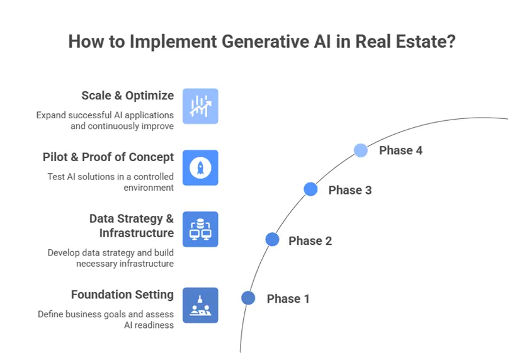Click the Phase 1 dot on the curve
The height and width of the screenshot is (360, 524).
pyautogui.click(x=248, y=298)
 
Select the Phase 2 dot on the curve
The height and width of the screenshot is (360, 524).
pyautogui.click(x=272, y=239)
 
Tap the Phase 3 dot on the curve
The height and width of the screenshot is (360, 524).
pyautogui.click(x=310, y=189)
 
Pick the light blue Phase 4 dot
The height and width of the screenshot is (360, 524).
pyautogui.click(x=361, y=150)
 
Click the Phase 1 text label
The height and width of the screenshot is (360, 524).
pyautogui.click(x=288, y=299)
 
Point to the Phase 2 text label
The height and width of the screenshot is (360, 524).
pyautogui.click(x=310, y=241)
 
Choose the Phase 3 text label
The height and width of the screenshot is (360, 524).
pyautogui.click(x=350, y=190)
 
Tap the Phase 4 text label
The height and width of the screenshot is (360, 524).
pyautogui.click(x=400, y=151)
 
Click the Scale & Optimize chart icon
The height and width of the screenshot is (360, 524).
pyautogui.click(x=200, y=106)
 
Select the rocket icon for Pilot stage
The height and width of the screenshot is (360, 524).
pyautogui.click(x=200, y=168)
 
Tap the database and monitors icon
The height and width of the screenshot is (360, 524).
pyautogui.click(x=200, y=229)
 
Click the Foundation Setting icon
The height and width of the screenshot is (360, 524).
pyautogui.click(x=200, y=305)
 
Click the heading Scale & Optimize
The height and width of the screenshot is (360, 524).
pyautogui.click(x=127, y=96)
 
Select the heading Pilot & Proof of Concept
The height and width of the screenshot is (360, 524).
pyautogui.click(x=108, y=157)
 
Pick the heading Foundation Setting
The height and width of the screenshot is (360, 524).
pyautogui.click(x=122, y=295)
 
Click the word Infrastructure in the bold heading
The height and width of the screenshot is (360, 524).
pyautogui.click(x=136, y=233)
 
